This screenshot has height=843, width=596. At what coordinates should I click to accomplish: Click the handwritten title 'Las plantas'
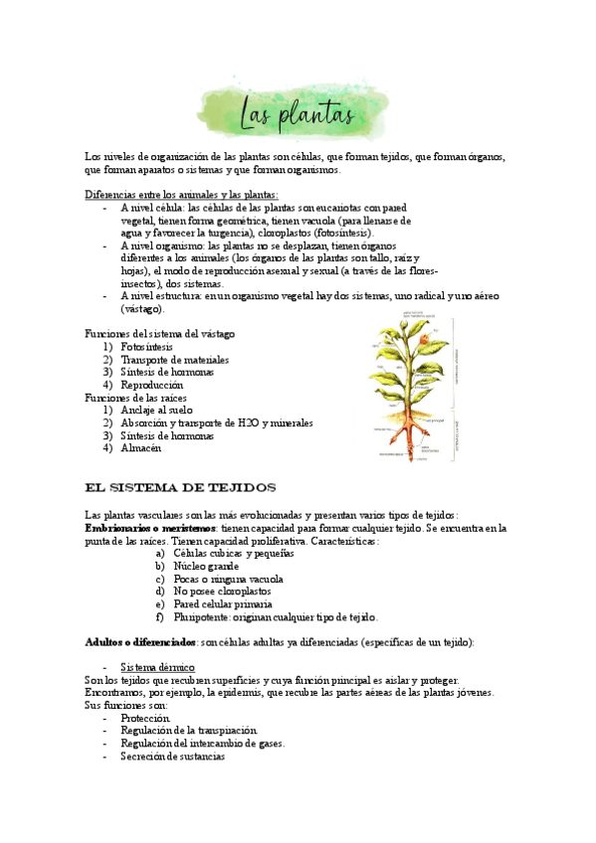[298, 115]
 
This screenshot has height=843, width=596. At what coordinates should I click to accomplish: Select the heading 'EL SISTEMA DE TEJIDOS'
[181, 487]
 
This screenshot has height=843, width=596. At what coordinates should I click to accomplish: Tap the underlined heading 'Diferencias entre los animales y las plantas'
[182, 195]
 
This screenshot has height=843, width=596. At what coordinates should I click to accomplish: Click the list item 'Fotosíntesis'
[146, 347]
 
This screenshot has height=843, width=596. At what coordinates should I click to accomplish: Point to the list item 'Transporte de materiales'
[174, 360]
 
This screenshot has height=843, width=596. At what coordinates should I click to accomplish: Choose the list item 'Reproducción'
[151, 385]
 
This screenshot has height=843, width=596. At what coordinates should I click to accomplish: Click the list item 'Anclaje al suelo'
[156, 410]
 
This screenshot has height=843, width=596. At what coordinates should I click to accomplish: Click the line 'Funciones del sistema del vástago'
[160, 334]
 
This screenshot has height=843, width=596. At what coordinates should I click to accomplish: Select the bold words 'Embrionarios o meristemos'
[151, 529]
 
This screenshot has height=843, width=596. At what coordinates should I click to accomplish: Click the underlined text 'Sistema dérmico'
[157, 667]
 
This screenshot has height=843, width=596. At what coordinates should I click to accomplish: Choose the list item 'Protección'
[145, 718]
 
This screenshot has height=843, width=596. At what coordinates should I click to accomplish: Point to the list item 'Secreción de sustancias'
[172, 757]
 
